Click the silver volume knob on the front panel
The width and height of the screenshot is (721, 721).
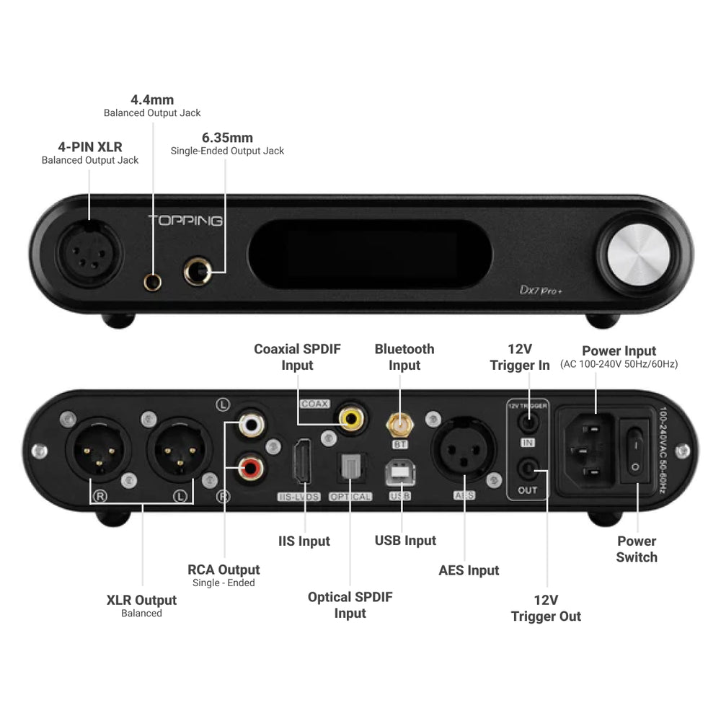pos(643,255)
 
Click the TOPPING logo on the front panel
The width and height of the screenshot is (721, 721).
pos(185,221)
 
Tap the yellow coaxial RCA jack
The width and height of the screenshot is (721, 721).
pos(352,416)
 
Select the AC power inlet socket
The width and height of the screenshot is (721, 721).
pos(590,451)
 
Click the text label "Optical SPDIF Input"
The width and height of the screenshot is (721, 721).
pos(350,605)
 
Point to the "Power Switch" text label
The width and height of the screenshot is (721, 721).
pos(636,549)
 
